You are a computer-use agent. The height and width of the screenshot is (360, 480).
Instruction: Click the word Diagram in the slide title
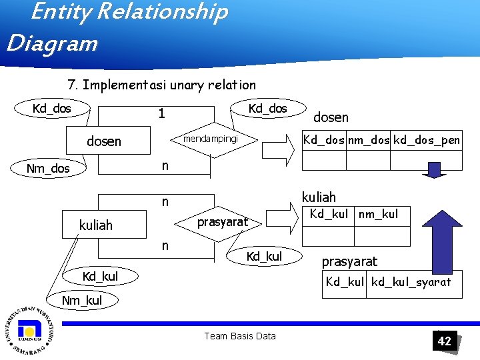(x=52, y=43)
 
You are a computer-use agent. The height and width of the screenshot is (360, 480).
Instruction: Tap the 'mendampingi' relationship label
(x=211, y=140)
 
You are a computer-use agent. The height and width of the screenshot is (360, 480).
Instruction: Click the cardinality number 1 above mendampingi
(x=161, y=113)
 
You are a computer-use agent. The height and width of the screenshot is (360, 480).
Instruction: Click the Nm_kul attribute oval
(x=81, y=301)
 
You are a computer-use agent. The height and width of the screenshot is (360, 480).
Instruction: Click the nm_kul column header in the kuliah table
(x=378, y=214)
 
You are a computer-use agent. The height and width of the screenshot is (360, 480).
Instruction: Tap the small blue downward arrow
(x=436, y=170)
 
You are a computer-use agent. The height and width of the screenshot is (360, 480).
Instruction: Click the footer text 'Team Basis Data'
(x=239, y=336)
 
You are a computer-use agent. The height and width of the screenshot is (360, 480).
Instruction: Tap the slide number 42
(x=444, y=341)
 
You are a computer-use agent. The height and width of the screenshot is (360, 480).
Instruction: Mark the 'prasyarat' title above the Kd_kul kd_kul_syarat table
(x=350, y=261)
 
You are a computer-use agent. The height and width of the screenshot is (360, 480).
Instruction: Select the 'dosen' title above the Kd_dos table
(x=331, y=117)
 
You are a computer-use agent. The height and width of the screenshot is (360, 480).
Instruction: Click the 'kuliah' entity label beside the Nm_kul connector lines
(x=96, y=225)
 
